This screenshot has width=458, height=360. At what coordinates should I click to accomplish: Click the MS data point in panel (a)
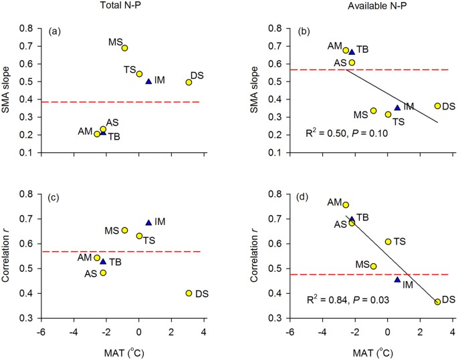pos(124,48)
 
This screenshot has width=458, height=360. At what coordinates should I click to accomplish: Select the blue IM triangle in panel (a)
pos(148,81)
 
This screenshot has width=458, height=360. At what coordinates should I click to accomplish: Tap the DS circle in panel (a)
pos(189,82)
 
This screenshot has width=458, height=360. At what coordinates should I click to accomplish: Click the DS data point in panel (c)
pos(189,293)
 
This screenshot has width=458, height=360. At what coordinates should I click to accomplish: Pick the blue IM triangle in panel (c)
pos(148,222)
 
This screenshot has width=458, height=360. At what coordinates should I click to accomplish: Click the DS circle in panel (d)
pos(437,302)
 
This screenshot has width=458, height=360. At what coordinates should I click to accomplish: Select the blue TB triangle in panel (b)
pos(352,51)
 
